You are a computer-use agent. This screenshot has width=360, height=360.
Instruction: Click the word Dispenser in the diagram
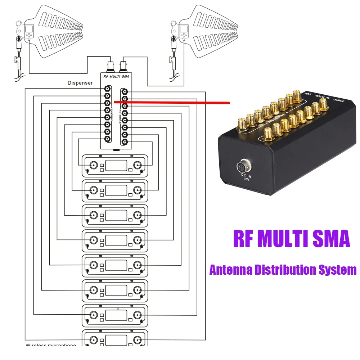(x=80, y=83)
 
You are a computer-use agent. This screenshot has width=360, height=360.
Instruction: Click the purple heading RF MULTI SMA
(x=292, y=239)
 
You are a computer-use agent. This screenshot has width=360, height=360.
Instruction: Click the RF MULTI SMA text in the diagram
(x=116, y=76)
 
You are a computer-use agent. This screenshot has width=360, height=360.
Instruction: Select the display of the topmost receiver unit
(x=116, y=165)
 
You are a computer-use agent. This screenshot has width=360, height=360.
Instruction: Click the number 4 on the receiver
(x=118, y=309)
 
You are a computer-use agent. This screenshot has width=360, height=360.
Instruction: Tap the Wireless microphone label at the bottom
(x=51, y=345)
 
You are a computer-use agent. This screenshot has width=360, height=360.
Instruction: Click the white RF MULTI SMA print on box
(x=324, y=97)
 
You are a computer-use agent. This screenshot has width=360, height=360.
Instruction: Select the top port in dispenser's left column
(x=107, y=89)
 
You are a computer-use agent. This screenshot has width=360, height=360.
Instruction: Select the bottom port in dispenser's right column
(x=125, y=142)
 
